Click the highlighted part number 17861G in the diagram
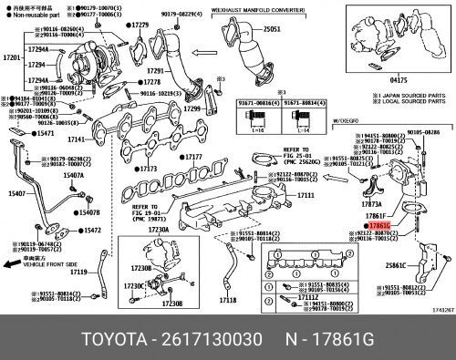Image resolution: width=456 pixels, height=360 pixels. click(x=378, y=224)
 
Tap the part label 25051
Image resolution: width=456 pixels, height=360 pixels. click(x=274, y=29)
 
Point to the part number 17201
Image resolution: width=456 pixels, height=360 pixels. click(x=11, y=57)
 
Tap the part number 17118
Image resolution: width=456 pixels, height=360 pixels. click(x=228, y=299)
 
